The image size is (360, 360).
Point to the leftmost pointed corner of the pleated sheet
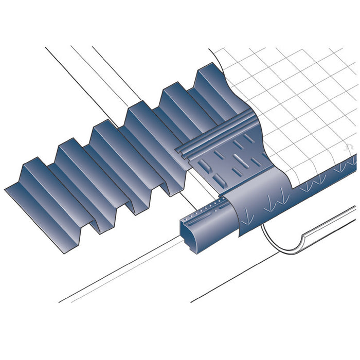click(6, 189)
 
